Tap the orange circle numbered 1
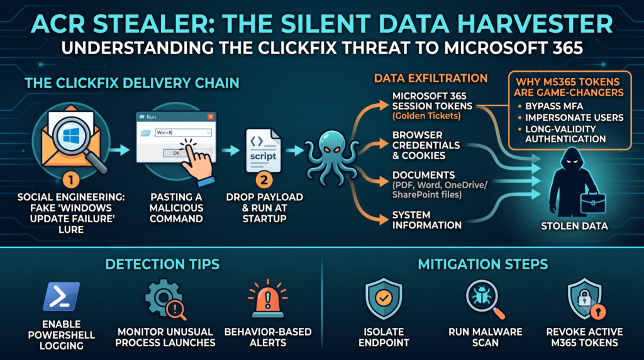pyautogui.click(x=70, y=179)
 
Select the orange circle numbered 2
pyautogui.click(x=264, y=179)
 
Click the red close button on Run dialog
pyautogui.click(x=210, y=117)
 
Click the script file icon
pyautogui.click(x=264, y=151)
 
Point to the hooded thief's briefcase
pyautogui.click(x=592, y=203)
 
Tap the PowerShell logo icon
pyautogui.click(x=61, y=296)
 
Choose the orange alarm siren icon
pyautogui.click(x=268, y=299)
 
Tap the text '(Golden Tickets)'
pyautogui.click(x=426, y=116)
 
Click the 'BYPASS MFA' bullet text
pyautogui.click(x=554, y=106)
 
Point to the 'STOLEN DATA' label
pyautogui.click(x=574, y=225)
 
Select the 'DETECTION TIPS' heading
pyautogui.click(x=162, y=264)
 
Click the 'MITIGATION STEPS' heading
pyautogui.click(x=482, y=264)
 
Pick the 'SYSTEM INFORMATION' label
pyautogui.click(x=427, y=220)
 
